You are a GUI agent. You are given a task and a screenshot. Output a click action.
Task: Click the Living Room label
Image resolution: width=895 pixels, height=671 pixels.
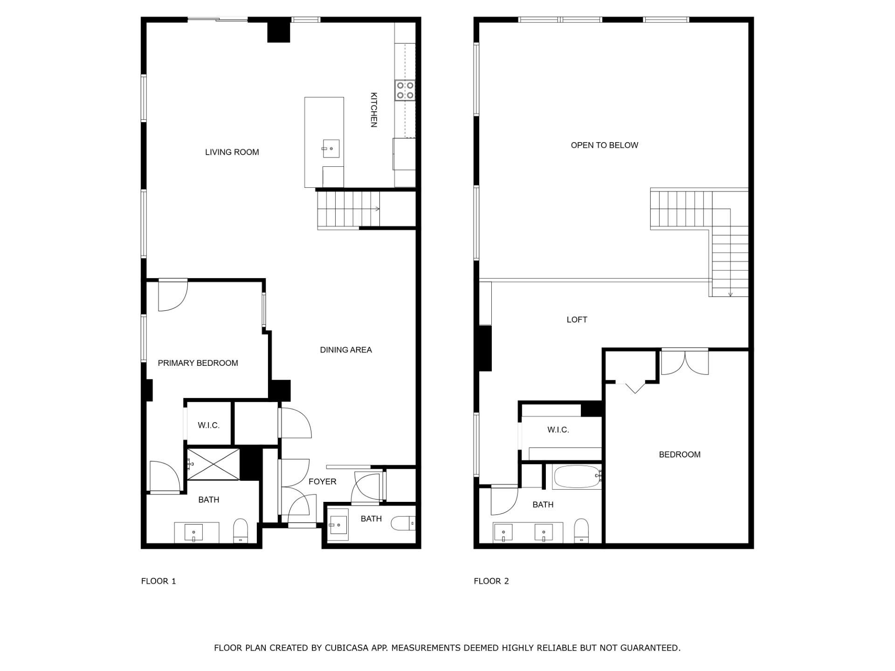[x=232, y=152]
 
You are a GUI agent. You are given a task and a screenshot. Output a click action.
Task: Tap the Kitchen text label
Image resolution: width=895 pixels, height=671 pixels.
[x=373, y=110]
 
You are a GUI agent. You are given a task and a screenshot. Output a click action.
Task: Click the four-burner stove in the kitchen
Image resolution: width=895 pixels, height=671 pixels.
[x=405, y=90]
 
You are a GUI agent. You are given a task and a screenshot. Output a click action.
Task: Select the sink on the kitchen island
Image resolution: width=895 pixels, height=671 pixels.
[x=330, y=149]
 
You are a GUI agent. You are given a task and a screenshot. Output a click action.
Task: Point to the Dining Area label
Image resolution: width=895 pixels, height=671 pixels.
[x=345, y=349]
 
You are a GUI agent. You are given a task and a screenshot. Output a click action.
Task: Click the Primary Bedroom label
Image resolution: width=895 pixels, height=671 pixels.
[x=198, y=363]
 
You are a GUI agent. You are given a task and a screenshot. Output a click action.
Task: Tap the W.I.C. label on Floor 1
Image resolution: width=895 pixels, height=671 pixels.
[x=208, y=425]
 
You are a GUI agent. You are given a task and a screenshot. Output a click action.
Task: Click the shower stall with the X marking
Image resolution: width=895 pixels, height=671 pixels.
[x=213, y=464]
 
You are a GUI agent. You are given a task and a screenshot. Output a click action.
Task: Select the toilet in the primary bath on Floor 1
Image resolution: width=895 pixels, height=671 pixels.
[x=241, y=530]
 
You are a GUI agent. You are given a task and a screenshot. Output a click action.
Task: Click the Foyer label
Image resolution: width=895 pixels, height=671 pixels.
[x=322, y=481]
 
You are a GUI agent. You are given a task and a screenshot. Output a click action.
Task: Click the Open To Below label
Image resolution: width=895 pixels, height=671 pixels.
[x=604, y=145]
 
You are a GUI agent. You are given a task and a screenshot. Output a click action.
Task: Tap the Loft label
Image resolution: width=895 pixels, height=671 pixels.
[x=577, y=319]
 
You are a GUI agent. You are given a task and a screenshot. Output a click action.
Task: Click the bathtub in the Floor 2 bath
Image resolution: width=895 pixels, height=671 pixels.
[x=576, y=476]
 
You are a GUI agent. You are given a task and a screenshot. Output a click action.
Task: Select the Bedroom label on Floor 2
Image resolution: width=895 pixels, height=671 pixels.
[x=679, y=454]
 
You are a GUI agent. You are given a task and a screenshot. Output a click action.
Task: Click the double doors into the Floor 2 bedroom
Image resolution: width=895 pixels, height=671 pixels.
[x=684, y=362]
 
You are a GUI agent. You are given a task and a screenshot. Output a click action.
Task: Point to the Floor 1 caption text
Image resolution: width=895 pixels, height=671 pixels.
[x=158, y=581]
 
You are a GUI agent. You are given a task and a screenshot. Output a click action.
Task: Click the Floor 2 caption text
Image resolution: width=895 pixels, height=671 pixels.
[x=491, y=581]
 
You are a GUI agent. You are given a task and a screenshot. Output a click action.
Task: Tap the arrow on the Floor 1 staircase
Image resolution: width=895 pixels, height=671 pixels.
[x=376, y=209]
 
